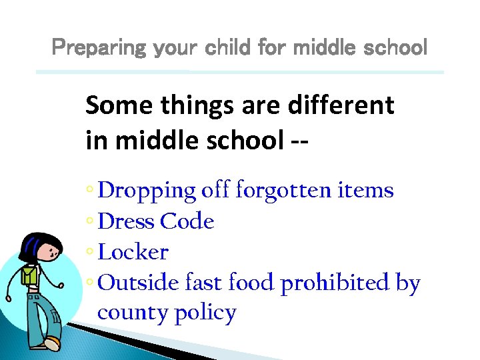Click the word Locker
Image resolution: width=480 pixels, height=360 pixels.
tap(133, 253)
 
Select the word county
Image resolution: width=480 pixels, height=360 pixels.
tap(132, 313)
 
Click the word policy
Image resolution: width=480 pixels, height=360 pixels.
tap(205, 313)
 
